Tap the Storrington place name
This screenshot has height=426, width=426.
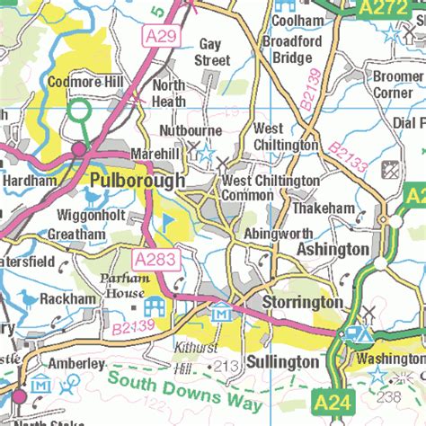click(x=302, y=304)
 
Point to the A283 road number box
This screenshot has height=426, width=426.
click(x=154, y=261)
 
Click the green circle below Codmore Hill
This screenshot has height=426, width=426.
click(x=80, y=112)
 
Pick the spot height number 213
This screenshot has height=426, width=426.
click(x=227, y=365)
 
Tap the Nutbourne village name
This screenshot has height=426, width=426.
click(x=167, y=129)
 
